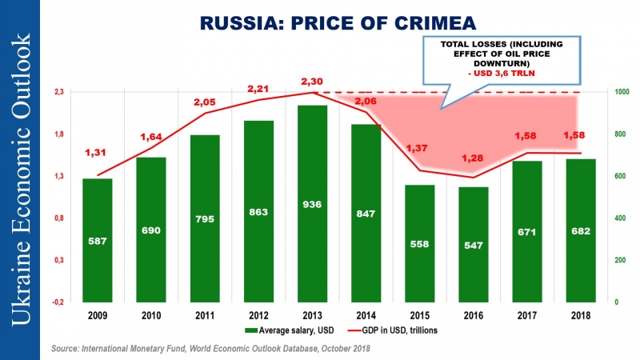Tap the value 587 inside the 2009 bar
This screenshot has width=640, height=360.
coord(97,240)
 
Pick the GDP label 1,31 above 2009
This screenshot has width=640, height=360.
coord(96,153)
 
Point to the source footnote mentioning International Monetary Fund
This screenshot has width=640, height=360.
coord(210,349)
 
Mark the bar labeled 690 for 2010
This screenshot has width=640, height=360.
coord(150,230)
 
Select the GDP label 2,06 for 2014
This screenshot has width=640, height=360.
coord(365,101)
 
